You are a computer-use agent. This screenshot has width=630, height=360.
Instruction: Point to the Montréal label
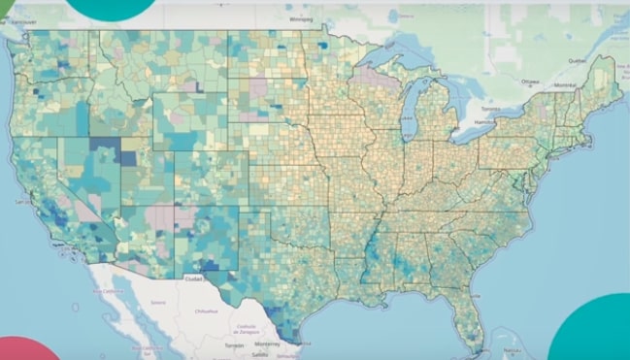coord(563,85)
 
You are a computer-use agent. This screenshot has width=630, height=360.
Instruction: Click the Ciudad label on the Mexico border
coord(194,278)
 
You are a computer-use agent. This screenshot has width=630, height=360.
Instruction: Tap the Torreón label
coord(233,344)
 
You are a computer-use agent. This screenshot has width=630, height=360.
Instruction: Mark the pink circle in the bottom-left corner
coord(24,349)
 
